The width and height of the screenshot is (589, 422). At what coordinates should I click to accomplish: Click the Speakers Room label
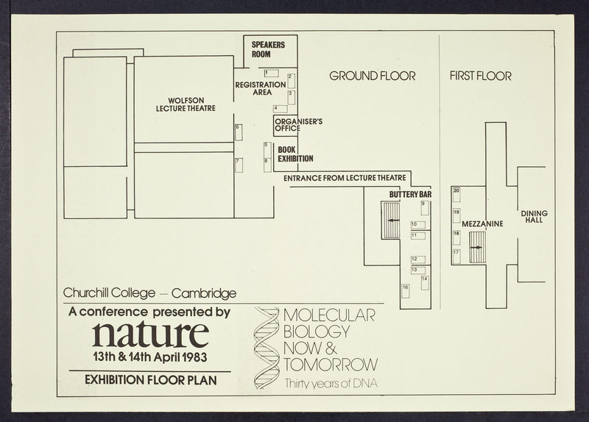pos(268,49)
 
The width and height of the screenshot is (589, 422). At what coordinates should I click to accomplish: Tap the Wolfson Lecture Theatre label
pos(186,104)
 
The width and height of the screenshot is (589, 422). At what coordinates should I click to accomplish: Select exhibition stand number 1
pos(271,73)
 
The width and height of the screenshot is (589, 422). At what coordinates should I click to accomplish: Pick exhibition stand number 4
pos(281,109)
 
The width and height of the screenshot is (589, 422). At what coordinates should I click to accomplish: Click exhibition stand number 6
pos(239,132)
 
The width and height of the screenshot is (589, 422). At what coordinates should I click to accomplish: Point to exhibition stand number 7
pos(239,165)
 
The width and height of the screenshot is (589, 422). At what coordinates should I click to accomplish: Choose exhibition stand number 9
pos(425,208)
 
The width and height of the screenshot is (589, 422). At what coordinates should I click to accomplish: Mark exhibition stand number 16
pos(406,291)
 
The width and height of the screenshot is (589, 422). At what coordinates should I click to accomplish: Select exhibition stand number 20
pos(456,195)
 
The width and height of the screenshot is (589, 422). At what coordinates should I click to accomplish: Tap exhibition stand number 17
pos(456,257)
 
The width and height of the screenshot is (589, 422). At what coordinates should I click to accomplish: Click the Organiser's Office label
pos(299,125)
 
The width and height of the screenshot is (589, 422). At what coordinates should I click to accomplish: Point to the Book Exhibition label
pos(296,154)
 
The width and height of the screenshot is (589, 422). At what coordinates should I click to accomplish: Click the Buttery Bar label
pos(410,194)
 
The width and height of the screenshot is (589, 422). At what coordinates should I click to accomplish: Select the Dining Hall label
pos(535,216)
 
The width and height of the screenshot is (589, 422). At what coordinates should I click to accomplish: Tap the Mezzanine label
pos(482,224)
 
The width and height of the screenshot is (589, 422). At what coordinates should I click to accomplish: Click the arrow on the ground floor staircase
pos(394,221)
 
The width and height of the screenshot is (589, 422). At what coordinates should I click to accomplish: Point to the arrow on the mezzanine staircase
pos(476,247)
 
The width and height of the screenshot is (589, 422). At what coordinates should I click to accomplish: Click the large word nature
pos(151,334)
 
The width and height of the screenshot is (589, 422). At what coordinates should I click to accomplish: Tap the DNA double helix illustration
pos(267,348)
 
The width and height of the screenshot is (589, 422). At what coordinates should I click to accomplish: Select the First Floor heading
pos(481,76)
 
